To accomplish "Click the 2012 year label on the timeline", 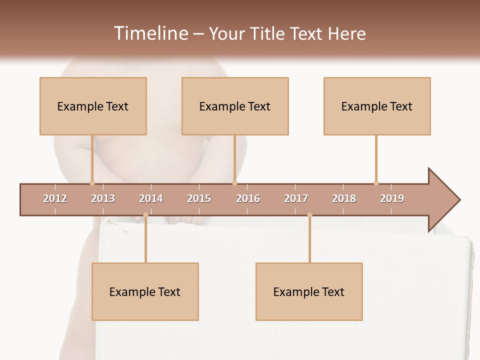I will (55, 198).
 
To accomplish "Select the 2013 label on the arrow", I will (103, 198).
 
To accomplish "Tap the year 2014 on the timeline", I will (151, 198).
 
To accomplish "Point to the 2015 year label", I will (199, 198).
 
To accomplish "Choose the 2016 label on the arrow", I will (248, 198).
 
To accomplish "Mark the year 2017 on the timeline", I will (296, 198).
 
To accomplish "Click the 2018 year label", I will (344, 198).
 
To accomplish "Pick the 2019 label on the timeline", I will (392, 198).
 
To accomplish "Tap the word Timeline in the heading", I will (150, 33).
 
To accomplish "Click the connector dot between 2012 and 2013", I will (92, 183).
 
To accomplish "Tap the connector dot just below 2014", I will (145, 215).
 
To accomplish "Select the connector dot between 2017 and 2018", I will (309, 215).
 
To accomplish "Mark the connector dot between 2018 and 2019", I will (376, 183).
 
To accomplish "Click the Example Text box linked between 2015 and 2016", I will (235, 106).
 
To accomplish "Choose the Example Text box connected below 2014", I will (145, 291).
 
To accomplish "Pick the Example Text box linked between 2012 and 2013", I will (93, 106).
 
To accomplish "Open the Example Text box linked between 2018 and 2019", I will (377, 106).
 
